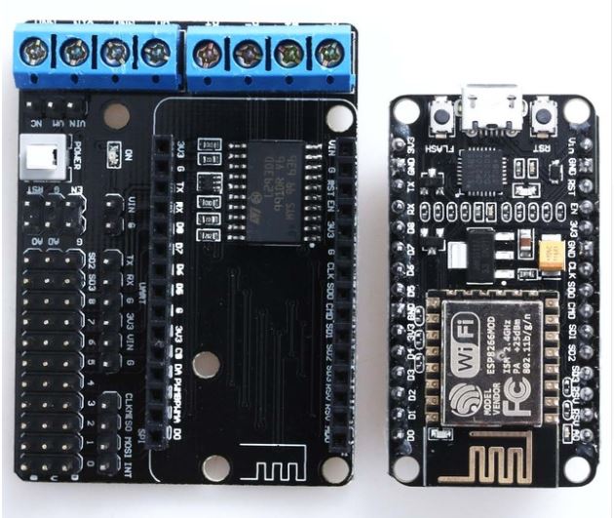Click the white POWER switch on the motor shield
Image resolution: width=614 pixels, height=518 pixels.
coord(41,156)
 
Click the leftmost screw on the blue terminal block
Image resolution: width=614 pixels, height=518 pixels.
coord(32,51)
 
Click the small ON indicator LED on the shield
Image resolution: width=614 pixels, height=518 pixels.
coord(114,154)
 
